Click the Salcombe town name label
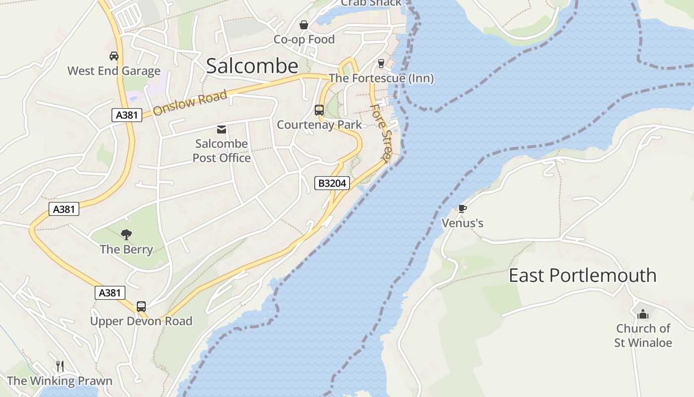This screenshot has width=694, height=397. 252,66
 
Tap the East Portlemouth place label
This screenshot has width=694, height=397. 582,275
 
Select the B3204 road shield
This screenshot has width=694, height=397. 332,183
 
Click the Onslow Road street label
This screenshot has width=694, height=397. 190,103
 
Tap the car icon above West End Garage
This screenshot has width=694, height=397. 114,56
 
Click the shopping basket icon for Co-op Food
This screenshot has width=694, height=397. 304,25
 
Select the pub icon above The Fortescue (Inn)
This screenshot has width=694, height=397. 381,63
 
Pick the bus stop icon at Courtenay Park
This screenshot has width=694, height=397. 319,110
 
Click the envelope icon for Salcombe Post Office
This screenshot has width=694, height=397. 222,130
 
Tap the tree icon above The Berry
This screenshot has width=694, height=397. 126,234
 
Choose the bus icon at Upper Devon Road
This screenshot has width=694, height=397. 141,307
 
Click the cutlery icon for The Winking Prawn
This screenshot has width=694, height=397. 60,366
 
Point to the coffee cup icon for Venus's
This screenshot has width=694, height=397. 462,208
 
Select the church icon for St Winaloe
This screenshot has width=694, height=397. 643,314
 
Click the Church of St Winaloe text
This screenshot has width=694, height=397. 643,335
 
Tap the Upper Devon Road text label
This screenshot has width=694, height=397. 141,321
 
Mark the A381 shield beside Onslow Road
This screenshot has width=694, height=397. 126,115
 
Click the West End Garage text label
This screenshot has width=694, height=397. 114,71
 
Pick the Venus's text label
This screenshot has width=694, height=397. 463,223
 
